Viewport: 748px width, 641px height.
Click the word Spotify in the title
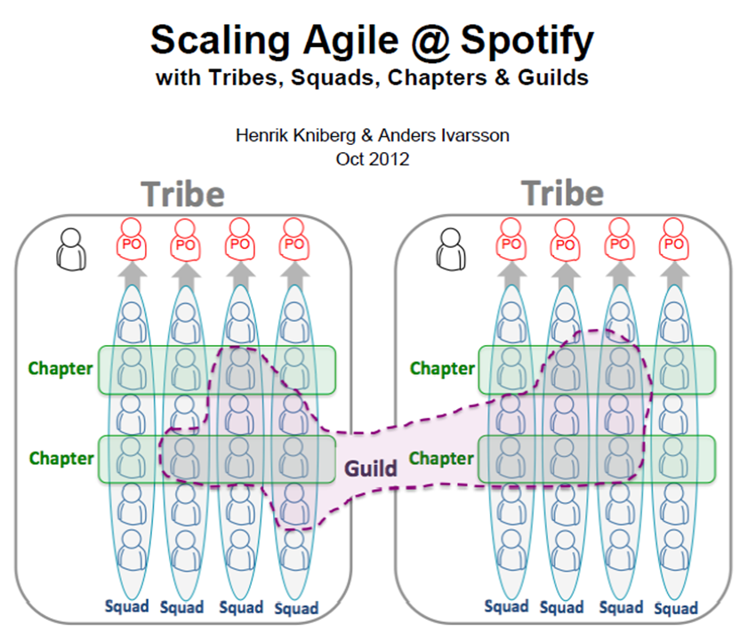point(522,40)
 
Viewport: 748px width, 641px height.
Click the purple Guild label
point(371,468)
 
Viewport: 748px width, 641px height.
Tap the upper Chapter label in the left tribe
point(60,368)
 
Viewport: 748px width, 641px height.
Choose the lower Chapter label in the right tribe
point(441,459)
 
